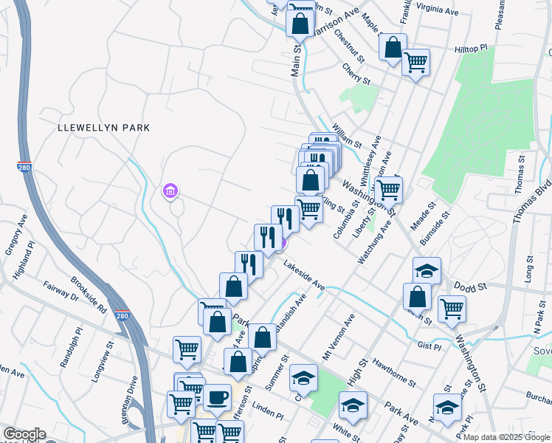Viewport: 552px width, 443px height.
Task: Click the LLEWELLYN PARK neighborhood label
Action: click(x=104, y=128)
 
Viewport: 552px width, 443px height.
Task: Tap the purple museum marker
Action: click(x=170, y=192)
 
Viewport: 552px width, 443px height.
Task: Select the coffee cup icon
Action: click(x=217, y=398)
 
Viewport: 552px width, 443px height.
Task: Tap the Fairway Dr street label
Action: click(x=61, y=296)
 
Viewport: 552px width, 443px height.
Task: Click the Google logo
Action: click(x=24, y=434)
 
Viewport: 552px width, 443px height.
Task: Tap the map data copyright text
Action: click(x=506, y=437)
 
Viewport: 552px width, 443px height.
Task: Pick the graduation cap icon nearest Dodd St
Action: click(x=426, y=270)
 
